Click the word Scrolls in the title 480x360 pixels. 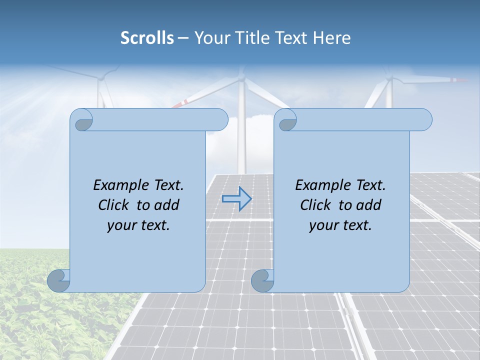[147, 38]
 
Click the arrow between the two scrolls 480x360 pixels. [236, 199]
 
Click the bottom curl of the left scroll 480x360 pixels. [59, 280]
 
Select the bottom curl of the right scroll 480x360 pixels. [262, 280]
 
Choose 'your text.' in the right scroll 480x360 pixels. [340, 225]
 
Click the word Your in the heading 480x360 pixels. [210, 38]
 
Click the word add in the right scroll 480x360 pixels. [369, 205]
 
